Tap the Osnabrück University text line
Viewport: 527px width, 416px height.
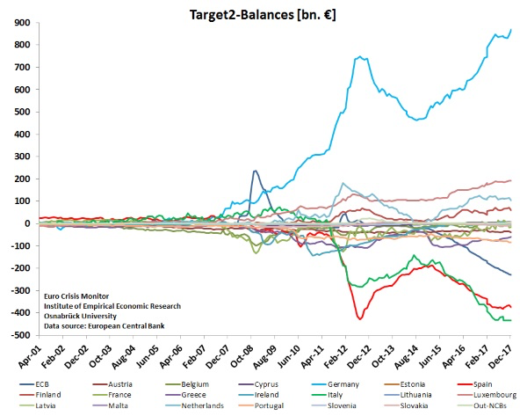(x=83, y=316)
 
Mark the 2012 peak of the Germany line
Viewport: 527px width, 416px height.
(x=361, y=57)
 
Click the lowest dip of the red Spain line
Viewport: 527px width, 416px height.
(x=359, y=317)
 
